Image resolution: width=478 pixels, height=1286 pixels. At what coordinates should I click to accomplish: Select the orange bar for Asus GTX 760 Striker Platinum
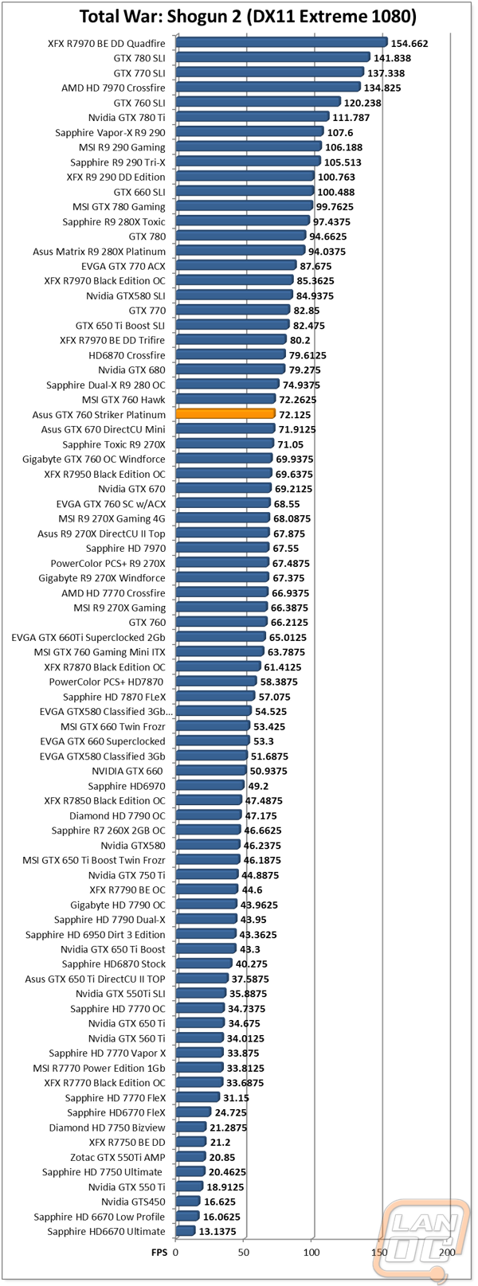pyautogui.click(x=225, y=414)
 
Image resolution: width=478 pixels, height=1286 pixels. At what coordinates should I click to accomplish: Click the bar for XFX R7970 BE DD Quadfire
pyautogui.click(x=281, y=42)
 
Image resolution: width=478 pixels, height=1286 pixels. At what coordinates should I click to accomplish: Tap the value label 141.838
pyautogui.click(x=393, y=58)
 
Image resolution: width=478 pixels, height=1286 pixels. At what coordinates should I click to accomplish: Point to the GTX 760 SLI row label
pyautogui.click(x=139, y=103)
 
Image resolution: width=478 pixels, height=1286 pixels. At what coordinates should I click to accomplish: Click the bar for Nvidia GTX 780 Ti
pyautogui.click(x=253, y=117)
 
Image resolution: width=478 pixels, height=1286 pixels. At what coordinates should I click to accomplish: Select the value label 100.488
pyautogui.click(x=336, y=193)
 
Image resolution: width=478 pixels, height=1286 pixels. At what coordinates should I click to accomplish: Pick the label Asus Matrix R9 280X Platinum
pyautogui.click(x=99, y=252)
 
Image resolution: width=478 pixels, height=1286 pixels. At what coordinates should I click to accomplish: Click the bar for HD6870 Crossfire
pyautogui.click(x=230, y=355)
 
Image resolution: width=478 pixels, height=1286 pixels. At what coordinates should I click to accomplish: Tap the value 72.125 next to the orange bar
pyautogui.click(x=296, y=415)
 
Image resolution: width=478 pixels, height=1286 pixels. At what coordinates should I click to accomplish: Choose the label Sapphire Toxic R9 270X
pyautogui.click(x=114, y=444)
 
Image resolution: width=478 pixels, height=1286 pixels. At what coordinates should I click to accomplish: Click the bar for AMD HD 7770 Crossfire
pyautogui.click(x=221, y=592)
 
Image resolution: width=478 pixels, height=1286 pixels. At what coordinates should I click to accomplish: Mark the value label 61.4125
pyautogui.click(x=283, y=667)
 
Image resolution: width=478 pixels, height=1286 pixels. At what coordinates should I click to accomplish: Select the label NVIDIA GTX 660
pyautogui.click(x=127, y=771)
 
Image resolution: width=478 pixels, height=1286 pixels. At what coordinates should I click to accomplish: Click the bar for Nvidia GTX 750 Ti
pyautogui.click(x=207, y=875)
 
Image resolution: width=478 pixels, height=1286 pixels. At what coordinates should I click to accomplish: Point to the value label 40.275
pyautogui.click(x=252, y=964)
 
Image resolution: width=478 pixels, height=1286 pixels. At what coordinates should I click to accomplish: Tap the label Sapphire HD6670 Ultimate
pyautogui.click(x=106, y=1232)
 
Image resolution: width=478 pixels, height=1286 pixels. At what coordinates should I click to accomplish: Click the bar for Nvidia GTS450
pyautogui.click(x=188, y=1202)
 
